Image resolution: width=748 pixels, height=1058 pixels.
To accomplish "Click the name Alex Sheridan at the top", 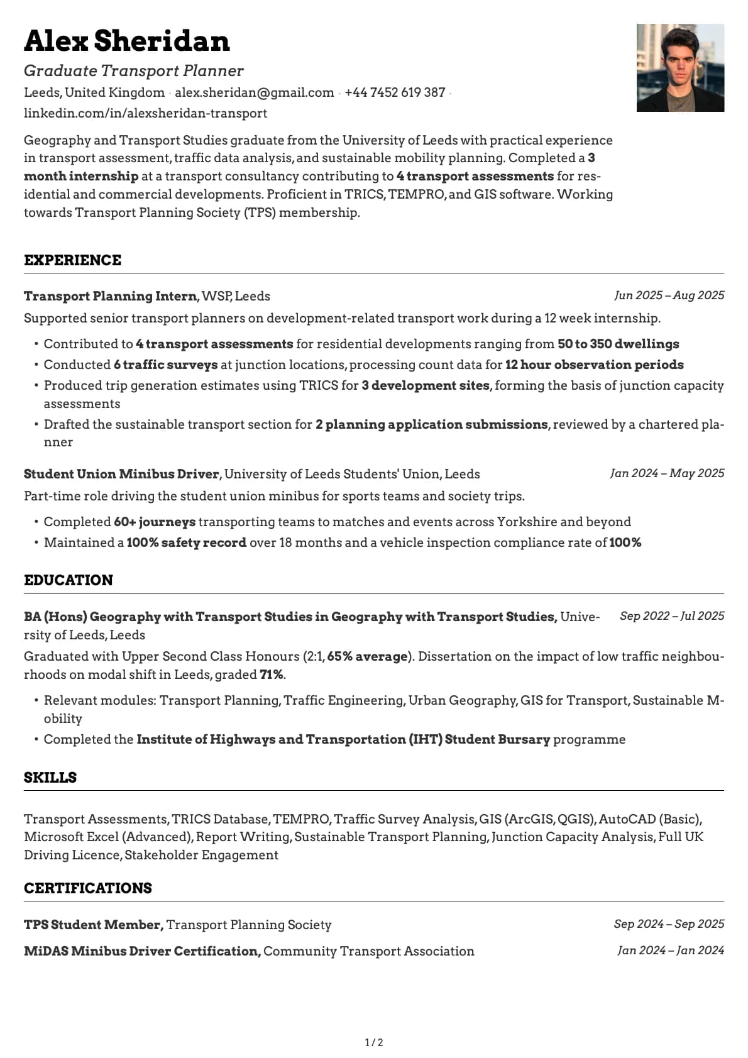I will coord(126,41).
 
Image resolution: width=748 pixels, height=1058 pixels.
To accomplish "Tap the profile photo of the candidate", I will coord(680,68).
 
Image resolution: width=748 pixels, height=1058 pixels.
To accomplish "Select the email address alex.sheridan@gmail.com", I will coord(254,92).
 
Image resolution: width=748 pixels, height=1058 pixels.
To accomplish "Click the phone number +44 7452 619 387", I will coord(395,92).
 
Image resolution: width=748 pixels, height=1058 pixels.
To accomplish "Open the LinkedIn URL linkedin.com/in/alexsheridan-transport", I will coord(145,113).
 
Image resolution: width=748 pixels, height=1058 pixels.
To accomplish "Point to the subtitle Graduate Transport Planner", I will coord(133,70).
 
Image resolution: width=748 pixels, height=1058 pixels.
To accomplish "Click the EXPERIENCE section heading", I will coord(72,260).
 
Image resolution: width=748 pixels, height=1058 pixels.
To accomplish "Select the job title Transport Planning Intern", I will coord(110,296).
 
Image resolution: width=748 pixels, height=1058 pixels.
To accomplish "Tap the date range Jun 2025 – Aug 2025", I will coord(669,295).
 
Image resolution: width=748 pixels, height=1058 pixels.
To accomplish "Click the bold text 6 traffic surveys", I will coord(165,365).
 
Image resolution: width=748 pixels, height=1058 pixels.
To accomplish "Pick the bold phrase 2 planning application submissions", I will coord(431,424).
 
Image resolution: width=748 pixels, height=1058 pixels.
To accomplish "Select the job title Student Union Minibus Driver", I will coord(121,474).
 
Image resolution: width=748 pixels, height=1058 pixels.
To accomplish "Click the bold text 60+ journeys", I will coord(155,522).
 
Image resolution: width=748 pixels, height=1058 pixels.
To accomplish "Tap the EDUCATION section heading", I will coord(69,580).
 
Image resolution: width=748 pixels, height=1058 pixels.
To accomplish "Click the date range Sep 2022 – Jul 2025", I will coord(671,616).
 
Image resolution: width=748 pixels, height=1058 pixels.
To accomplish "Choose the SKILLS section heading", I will coord(50,778).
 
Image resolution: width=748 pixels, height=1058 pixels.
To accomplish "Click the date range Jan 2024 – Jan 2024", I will coord(670,951).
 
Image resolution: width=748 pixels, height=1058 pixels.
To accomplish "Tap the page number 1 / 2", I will coord(374,1042).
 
